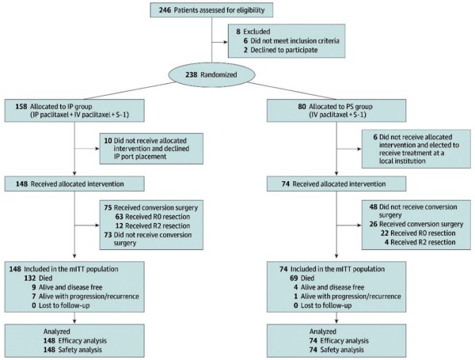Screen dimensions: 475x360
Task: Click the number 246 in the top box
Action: pos(165,10)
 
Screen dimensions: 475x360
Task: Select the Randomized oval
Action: pos(211,74)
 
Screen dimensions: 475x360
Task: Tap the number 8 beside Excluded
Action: pos(238,32)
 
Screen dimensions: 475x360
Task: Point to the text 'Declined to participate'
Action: pos(284,50)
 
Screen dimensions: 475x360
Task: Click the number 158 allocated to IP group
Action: pos(21,107)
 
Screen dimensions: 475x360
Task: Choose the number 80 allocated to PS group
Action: pos(302,107)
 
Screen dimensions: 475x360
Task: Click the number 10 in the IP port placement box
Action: pos(108,141)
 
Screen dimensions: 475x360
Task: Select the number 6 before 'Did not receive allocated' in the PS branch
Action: pos(375,137)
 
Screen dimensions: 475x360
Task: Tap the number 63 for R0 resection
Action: pos(120,217)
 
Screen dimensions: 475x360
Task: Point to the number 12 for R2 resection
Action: pos(120,225)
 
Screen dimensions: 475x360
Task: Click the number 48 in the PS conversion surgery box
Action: pos(373,207)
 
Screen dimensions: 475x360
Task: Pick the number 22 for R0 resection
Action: pos(385,233)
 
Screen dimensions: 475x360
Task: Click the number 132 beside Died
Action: pos(30,279)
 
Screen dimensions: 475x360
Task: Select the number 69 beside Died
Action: pos(294,279)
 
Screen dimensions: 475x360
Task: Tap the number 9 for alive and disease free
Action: pos(34,287)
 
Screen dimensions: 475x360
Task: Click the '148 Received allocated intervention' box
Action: pos(74,184)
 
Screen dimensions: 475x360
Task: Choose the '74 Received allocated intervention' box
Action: pos(336,184)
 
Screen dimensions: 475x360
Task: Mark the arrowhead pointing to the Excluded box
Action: pos(226,42)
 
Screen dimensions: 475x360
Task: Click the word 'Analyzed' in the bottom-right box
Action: pos(323,332)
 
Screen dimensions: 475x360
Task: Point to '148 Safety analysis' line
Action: pos(72,350)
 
